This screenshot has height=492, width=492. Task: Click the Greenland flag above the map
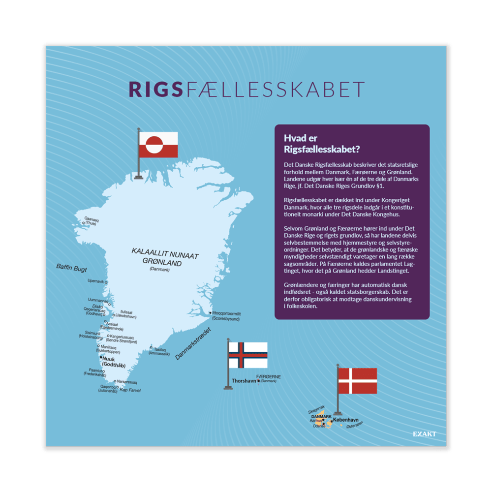coord(158,145)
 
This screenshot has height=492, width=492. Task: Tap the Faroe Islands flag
coord(248,355)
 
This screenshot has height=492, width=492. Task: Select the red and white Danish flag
coord(358,381)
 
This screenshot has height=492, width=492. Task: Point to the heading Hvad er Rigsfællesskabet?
coord(322,143)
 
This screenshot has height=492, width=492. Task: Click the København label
coord(345,420)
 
